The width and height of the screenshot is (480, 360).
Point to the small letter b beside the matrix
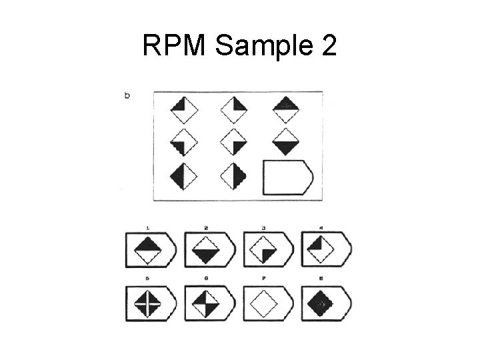(x=127, y=95)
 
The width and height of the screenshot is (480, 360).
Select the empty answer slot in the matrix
(x=287, y=177)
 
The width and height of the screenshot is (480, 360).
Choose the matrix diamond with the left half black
(x=185, y=176)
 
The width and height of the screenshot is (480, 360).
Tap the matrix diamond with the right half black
(x=233, y=176)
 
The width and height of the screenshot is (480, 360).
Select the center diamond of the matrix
(x=233, y=143)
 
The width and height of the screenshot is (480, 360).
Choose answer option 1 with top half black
(x=148, y=251)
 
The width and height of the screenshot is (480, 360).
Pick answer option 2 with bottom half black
(x=205, y=251)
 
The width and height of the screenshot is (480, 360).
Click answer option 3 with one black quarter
(x=263, y=251)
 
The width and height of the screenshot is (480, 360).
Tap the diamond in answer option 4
(x=321, y=251)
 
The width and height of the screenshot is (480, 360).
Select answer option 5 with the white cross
(x=148, y=304)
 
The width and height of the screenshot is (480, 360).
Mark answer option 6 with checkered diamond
(x=205, y=304)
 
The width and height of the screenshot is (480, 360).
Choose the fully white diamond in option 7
(x=263, y=304)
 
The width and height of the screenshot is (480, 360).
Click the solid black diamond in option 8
(x=321, y=304)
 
